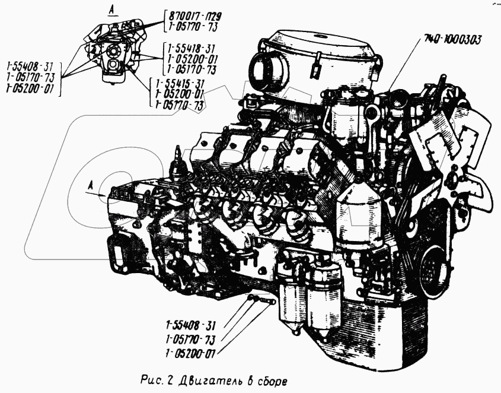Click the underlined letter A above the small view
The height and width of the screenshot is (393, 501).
[x=110, y=9]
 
